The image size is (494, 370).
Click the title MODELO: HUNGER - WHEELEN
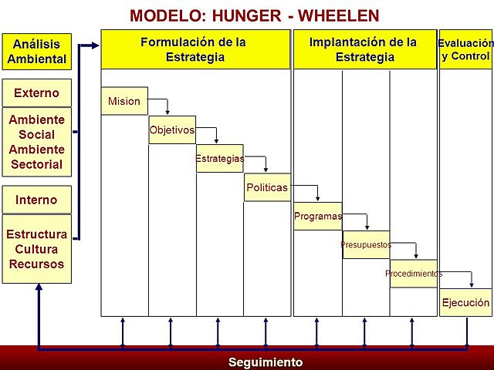(254, 15)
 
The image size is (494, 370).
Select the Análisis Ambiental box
(36, 51)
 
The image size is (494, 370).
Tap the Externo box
(36, 93)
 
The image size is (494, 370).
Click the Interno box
(36, 200)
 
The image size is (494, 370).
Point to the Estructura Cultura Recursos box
(36, 249)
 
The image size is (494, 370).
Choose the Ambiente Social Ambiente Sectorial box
(36, 143)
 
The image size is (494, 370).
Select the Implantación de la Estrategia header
(364, 49)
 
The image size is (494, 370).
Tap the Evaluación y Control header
(465, 49)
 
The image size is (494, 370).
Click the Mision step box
(124, 101)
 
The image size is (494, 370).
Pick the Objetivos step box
(172, 129)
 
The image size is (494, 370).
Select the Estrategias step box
(219, 158)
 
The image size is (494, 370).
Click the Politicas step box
(267, 187)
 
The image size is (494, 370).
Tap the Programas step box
(317, 216)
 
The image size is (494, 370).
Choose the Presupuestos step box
(366, 244)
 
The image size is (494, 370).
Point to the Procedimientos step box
(413, 273)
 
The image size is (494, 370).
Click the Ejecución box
(465, 303)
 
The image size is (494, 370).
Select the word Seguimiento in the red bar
(266, 362)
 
